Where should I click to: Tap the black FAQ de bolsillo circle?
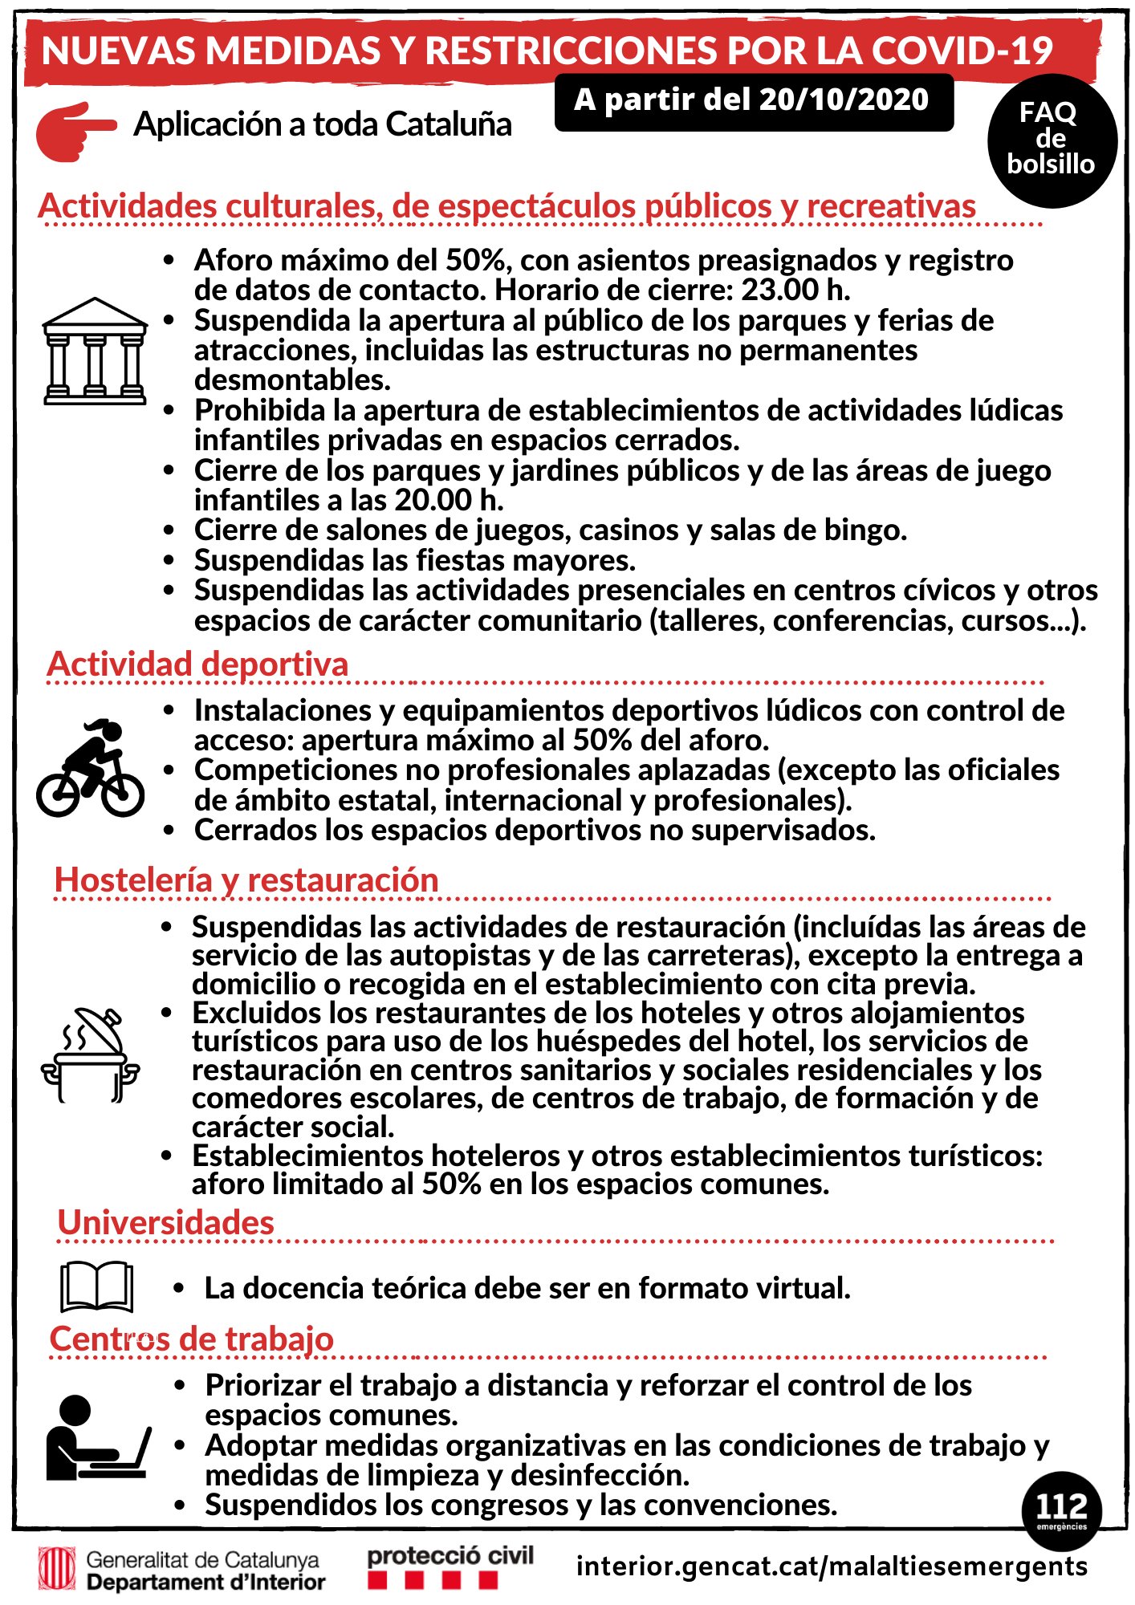click(1052, 140)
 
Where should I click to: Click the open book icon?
click(96, 1286)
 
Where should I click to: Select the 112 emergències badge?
click(1061, 1510)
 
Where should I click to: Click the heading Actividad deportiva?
click(197, 664)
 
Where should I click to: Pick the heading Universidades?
click(166, 1223)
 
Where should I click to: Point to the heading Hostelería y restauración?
click(246, 880)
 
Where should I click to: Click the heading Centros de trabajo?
click(192, 1339)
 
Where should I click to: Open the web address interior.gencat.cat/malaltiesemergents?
click(832, 1566)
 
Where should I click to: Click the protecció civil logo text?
click(450, 1556)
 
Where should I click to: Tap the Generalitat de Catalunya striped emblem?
click(57, 1570)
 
